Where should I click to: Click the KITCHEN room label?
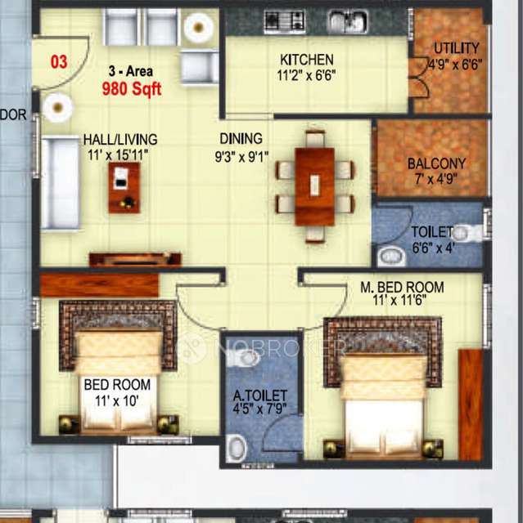click(307, 60)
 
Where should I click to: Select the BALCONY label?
click(436, 163)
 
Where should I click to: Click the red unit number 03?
click(59, 61)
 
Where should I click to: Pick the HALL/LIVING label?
click(119, 140)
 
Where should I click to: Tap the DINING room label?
click(241, 139)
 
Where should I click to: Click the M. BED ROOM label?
click(402, 287)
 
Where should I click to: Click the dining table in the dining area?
click(315, 186)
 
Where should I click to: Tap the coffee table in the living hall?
click(124, 187)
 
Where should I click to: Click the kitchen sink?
click(347, 22)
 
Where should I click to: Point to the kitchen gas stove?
click(284, 22)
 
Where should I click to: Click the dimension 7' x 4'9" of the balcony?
click(436, 179)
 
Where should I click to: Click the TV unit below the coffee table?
click(135, 260)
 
